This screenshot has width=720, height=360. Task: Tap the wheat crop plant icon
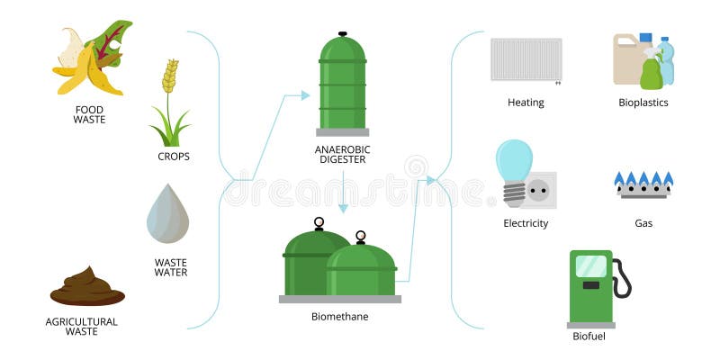169,103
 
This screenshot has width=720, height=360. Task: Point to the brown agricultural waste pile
87,287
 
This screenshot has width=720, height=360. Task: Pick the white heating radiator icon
526,59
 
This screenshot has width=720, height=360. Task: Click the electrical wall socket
539,190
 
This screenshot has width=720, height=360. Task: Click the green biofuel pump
591,286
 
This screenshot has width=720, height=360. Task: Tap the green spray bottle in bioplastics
651,72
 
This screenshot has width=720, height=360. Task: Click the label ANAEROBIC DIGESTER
343,155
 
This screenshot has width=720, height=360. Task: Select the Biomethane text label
339,316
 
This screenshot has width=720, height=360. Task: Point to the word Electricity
526,223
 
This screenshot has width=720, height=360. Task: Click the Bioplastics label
643,103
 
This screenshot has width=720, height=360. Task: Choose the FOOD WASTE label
90,115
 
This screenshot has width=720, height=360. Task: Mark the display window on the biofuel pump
591,265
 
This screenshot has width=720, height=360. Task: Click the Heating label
526,103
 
